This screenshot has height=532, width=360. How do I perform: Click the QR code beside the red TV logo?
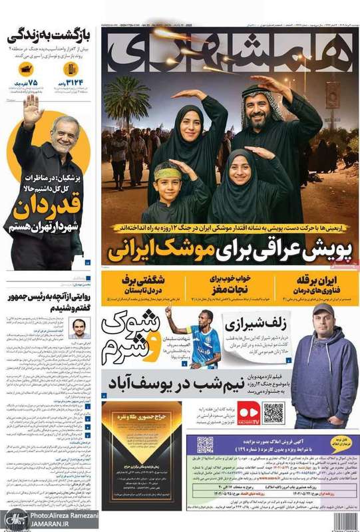point(273,413)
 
